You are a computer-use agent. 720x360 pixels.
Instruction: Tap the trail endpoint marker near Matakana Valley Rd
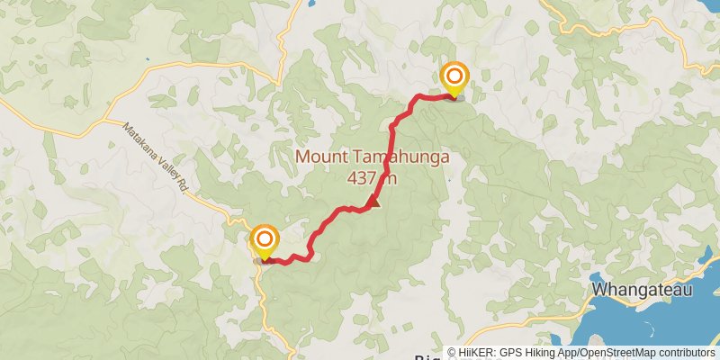[x=265, y=239]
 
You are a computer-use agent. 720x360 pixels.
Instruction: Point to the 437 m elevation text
[x=371, y=177]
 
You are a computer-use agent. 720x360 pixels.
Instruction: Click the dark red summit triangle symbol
[x=373, y=202]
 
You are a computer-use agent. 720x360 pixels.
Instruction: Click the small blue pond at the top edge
[x=311, y=3]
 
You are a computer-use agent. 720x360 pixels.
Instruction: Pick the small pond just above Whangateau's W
[x=596, y=277]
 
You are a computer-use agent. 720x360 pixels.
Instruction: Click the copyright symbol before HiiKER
[x=453, y=353]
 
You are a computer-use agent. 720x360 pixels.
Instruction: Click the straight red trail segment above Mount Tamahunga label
[x=391, y=135]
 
